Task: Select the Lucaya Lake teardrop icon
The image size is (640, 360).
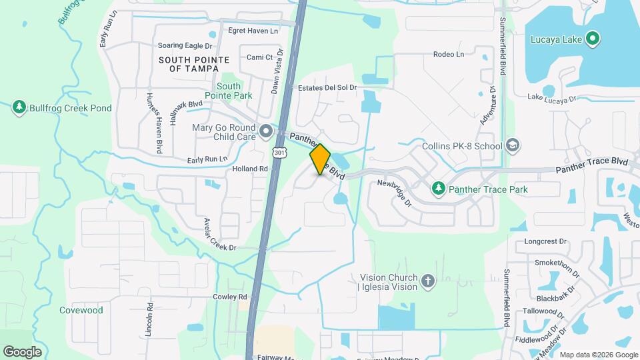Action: pos(593,39)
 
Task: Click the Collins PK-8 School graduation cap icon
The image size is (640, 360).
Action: pos(512,145)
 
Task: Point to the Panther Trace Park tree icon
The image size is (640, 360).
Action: pos(438,189)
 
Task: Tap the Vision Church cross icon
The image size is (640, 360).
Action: pos(427,282)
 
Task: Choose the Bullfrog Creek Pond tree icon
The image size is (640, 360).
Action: pos(19,107)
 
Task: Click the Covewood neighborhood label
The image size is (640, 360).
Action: pos(81,310)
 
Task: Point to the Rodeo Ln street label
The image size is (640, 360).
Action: pos(448,54)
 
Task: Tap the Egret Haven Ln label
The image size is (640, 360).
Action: pos(252,31)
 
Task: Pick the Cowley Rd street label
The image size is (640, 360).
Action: pos(230,296)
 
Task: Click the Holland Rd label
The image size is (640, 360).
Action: pos(249,169)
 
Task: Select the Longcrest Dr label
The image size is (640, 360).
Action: pos(545,241)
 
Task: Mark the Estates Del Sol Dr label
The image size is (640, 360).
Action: pos(327,87)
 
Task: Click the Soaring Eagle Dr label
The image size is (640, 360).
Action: pos(185,46)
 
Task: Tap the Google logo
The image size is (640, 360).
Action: pos(23,351)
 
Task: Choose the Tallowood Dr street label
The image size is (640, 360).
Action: pos(544,310)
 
